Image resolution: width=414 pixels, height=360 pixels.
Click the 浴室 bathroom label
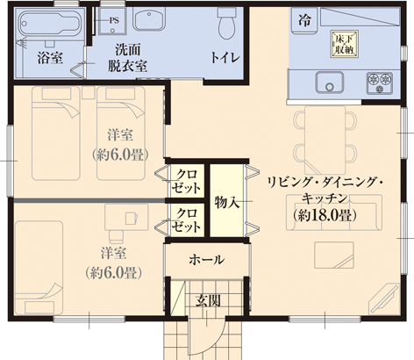coord(47,58)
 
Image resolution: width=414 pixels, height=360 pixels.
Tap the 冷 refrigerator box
coord(304,19)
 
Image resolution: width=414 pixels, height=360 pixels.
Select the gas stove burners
coord(382,82)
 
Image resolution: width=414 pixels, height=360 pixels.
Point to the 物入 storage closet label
coord(227,202)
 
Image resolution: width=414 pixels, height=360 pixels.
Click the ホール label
coord(207,260)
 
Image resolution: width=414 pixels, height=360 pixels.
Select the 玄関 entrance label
coord(208,299)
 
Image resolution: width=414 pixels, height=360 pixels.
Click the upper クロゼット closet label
coord(186,179)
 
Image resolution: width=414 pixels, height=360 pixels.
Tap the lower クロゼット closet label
coord(186,220)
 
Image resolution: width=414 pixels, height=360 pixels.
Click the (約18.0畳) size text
coord(324,215)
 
